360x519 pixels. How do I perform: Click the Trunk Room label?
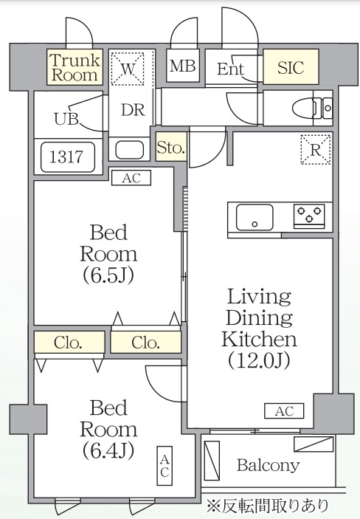75,66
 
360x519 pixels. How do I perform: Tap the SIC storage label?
291,67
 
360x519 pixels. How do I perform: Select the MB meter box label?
182,66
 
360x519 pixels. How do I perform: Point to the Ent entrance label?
231,69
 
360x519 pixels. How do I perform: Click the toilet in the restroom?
310,109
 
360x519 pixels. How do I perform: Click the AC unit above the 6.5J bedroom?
131,177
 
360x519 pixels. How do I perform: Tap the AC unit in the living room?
284,411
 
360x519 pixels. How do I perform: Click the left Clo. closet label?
68,343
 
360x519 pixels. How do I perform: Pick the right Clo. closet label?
145,343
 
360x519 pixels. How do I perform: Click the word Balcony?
269,465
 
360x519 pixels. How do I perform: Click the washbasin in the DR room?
130,148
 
